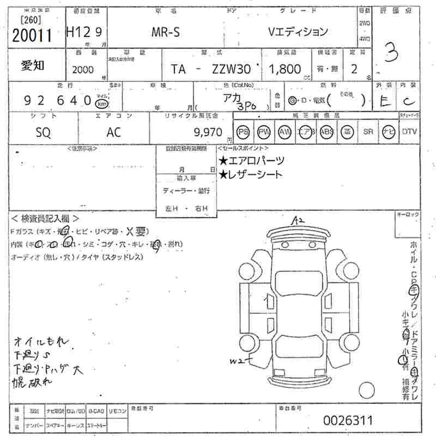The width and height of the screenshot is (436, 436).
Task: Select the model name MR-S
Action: coord(166,32)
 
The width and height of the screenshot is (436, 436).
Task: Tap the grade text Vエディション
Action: coord(298,32)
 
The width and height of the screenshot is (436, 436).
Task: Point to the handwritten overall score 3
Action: coord(390,55)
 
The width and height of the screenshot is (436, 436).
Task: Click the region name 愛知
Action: coord(33,65)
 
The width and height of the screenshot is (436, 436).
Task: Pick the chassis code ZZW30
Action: coord(231,69)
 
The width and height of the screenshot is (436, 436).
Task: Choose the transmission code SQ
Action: coord(43,131)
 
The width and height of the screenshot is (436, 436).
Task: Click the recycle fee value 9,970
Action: coord(208,132)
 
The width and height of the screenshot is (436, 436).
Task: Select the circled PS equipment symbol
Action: coord(243,131)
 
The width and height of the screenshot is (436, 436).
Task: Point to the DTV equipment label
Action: coord(409,131)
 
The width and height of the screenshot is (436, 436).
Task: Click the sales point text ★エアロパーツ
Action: coord(251,161)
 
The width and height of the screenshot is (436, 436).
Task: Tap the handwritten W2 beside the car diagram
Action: coord(237,361)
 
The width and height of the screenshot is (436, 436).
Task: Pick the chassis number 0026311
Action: coord(348,420)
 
